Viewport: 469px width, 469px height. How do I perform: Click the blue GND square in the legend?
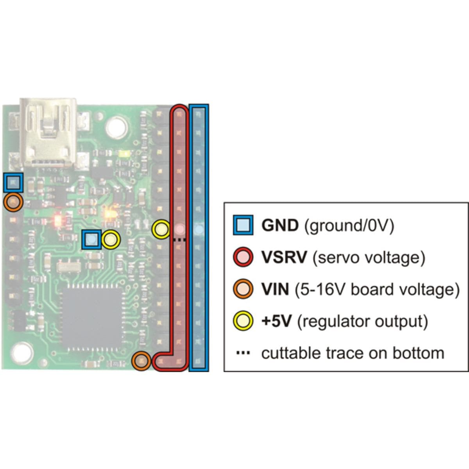243,225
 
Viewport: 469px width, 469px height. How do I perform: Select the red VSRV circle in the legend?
243,257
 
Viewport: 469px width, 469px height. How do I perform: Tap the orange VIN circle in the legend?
243,289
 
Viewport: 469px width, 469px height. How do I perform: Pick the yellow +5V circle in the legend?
243,321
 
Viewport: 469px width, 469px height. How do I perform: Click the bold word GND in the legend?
280,226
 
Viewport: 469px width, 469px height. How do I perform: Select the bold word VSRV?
284,258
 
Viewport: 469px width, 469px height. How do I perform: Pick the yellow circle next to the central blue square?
111,240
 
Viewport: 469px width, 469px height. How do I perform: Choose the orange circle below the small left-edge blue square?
13,202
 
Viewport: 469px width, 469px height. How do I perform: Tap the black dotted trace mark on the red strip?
179,240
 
